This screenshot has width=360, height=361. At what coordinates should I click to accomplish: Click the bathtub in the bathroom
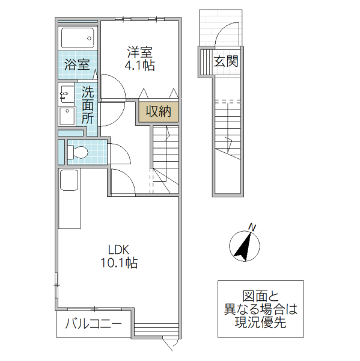click(x=78, y=39)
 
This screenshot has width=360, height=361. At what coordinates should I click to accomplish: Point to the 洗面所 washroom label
click(x=88, y=105)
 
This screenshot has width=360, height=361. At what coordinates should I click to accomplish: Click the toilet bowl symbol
click(x=79, y=150)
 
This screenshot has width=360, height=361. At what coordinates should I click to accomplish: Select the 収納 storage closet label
click(x=157, y=111)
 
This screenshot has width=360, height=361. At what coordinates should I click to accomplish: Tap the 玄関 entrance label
click(x=226, y=61)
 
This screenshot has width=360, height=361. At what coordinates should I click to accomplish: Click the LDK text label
click(x=119, y=249)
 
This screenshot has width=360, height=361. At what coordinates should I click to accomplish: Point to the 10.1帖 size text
click(x=119, y=263)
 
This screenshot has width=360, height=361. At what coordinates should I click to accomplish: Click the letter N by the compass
click(x=253, y=227)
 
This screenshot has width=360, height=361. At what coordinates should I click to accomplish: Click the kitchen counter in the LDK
click(x=70, y=199)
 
